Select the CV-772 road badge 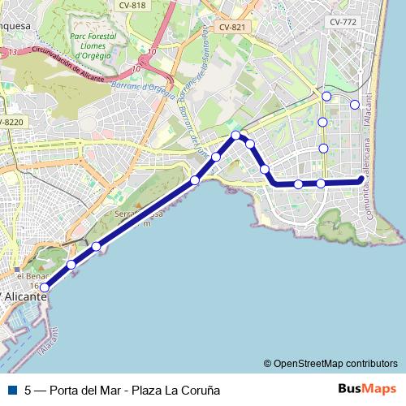point(342,22)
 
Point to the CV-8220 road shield point(12,122)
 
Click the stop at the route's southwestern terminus point(45,287)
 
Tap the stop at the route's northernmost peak point(235,135)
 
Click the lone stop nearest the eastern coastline point(354,104)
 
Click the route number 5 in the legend point(28,390)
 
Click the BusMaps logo point(367,389)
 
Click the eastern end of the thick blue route point(361,180)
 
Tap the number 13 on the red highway point(12,52)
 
